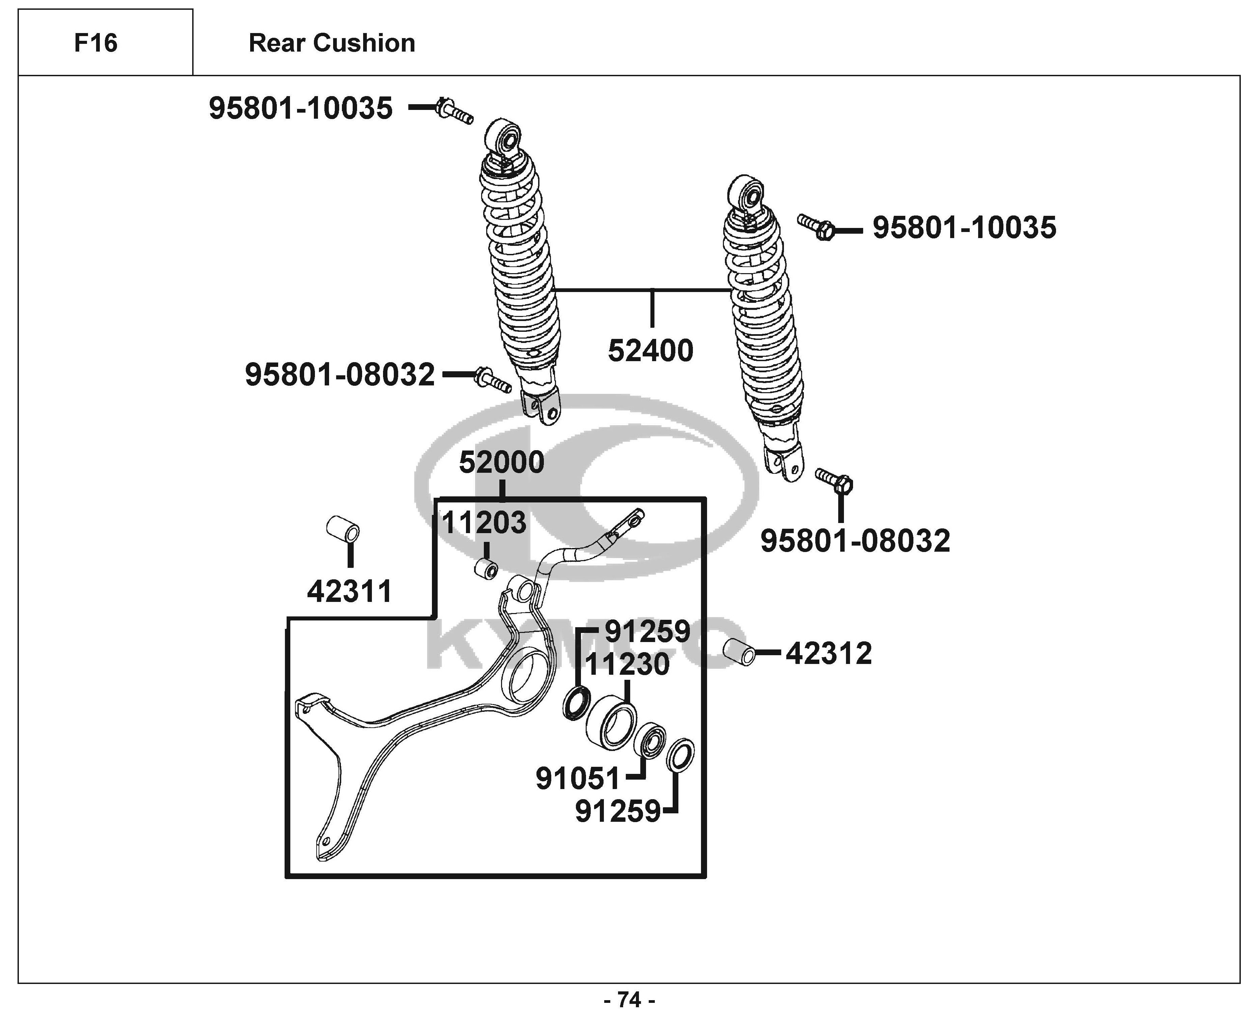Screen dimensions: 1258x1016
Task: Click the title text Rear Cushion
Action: [x=332, y=43]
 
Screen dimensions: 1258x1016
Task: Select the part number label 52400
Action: [x=651, y=351]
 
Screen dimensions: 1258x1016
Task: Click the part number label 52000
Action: [x=501, y=462]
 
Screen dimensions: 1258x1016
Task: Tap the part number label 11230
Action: [x=627, y=664]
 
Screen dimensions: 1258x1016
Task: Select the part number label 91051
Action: [x=578, y=778]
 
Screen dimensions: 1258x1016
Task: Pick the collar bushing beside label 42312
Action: [x=739, y=652]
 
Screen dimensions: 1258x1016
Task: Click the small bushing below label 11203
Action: [x=486, y=568]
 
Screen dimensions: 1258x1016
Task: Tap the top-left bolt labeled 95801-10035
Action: [x=454, y=111]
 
